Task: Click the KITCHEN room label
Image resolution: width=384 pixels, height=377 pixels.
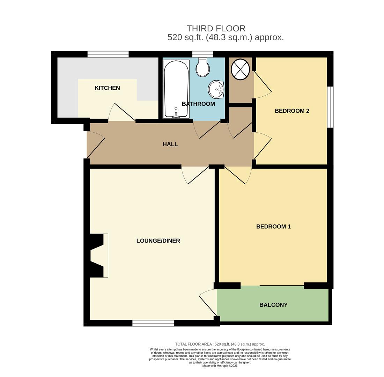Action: point(107,88)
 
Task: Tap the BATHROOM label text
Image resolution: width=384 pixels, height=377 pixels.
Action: point(198,104)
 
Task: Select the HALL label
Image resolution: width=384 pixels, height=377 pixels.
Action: point(170,144)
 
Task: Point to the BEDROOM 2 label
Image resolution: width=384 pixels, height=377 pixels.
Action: point(292,111)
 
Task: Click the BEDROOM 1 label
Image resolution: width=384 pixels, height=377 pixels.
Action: point(273,227)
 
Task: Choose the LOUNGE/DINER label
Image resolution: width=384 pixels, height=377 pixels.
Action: point(158,241)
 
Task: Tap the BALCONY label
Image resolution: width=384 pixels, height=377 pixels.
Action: point(273,305)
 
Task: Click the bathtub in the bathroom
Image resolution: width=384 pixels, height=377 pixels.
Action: point(176,89)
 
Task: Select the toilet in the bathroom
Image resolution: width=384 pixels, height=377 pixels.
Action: point(202,67)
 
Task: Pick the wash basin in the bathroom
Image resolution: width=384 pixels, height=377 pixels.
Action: point(216,89)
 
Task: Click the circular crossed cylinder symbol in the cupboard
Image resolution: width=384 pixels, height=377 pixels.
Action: point(241,69)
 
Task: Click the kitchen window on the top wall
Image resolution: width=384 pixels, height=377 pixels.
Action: point(108,54)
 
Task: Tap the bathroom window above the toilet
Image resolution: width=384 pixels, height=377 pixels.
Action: point(202,54)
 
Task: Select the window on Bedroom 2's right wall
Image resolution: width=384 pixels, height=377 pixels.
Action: point(330,107)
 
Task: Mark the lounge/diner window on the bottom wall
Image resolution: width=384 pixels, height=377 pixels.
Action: point(153,323)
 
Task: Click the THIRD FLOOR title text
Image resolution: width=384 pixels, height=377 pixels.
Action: point(216,28)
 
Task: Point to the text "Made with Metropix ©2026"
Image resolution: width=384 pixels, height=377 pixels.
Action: point(220,366)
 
